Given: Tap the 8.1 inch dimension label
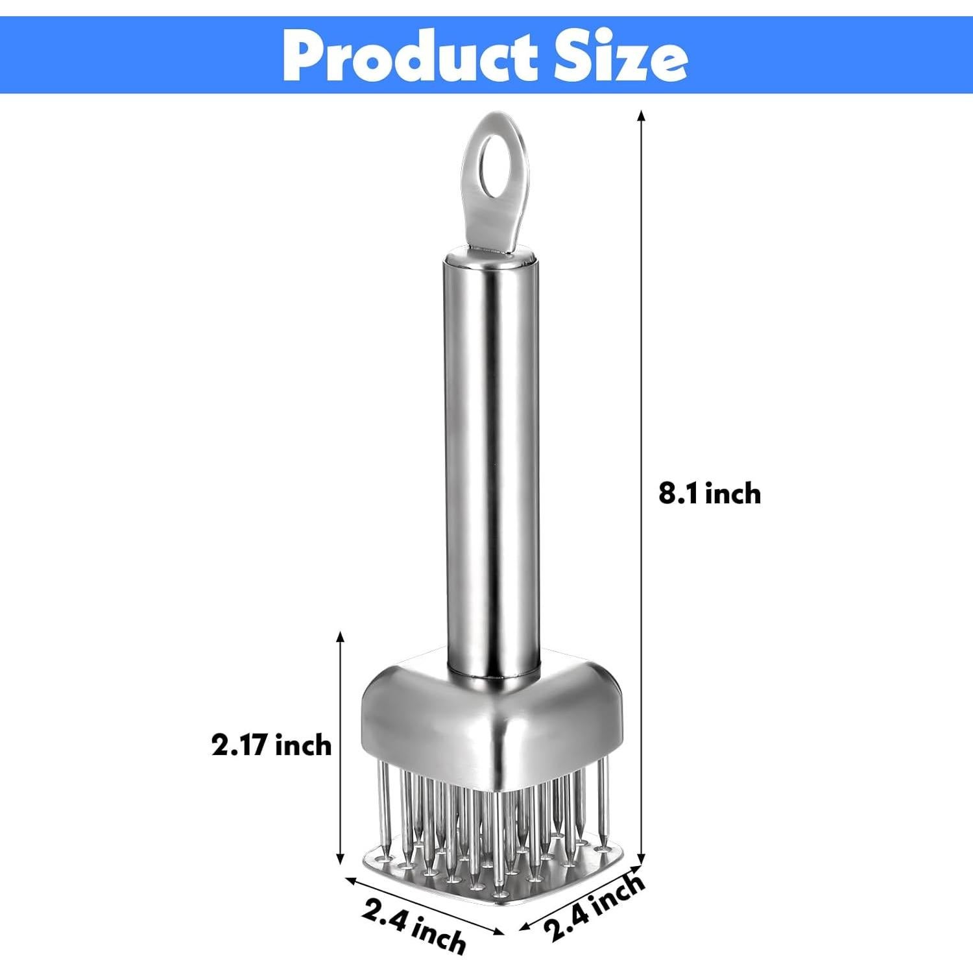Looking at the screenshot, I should (710, 494).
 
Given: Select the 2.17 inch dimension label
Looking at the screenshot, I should (271, 745).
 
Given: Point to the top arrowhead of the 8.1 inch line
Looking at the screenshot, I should (642, 115).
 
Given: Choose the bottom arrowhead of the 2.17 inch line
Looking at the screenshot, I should (339, 859).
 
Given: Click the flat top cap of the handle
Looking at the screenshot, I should (491, 260).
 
